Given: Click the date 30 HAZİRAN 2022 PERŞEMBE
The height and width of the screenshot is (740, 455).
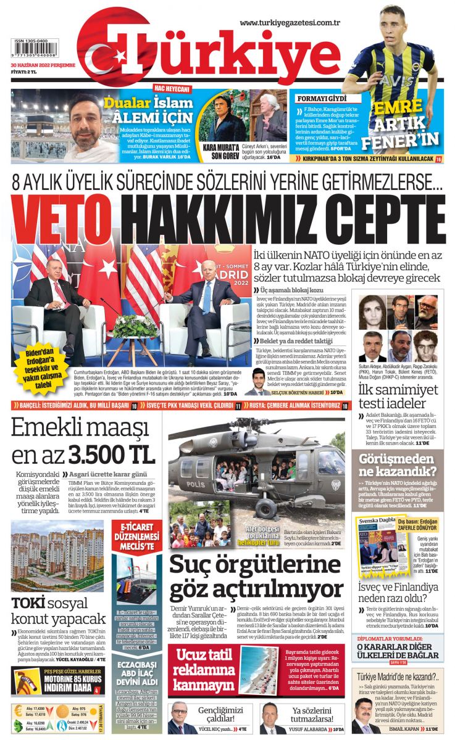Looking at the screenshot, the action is (x=43, y=64).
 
